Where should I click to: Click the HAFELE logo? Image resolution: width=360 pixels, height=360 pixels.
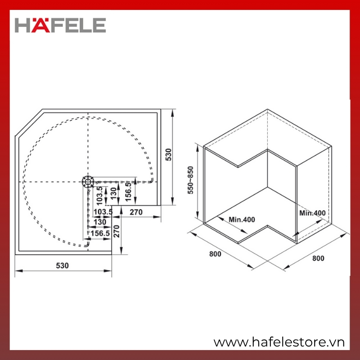(x=60, y=25)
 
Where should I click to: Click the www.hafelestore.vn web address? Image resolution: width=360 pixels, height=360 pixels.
(x=279, y=342)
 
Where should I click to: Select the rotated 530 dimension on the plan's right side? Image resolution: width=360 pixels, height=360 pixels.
(x=168, y=154)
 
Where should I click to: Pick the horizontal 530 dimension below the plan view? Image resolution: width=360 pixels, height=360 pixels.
(x=62, y=265)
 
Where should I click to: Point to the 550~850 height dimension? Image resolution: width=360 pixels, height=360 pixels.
(x=190, y=180)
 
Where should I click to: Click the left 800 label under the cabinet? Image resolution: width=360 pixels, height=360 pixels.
(x=215, y=254)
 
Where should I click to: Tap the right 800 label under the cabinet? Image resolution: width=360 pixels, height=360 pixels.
(x=318, y=258)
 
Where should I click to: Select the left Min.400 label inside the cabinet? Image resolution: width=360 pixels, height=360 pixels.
(x=242, y=220)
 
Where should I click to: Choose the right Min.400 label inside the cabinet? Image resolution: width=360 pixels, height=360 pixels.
(x=312, y=213)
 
